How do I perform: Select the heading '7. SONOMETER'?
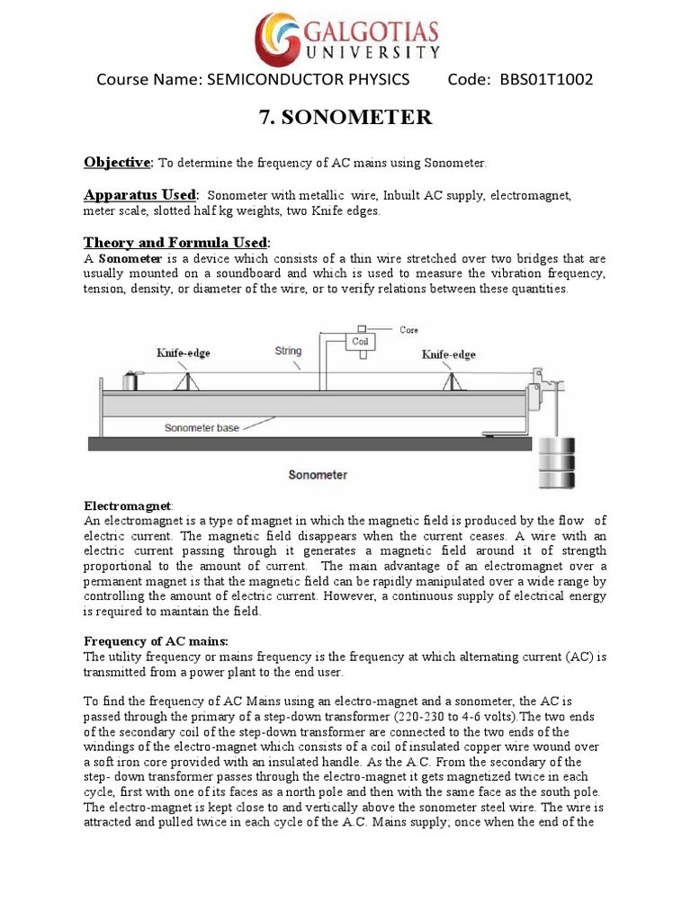(345, 117)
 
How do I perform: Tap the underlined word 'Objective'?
(118, 163)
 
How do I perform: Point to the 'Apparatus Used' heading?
(140, 195)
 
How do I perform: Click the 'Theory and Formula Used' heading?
(175, 243)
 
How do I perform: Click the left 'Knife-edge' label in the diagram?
(183, 353)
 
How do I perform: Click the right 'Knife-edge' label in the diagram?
(449, 355)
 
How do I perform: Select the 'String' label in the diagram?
(288, 352)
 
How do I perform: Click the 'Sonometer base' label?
(202, 428)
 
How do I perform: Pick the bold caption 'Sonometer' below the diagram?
(315, 473)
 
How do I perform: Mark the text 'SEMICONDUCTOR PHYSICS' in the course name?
(308, 80)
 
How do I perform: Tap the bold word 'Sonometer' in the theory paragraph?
(126, 260)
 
